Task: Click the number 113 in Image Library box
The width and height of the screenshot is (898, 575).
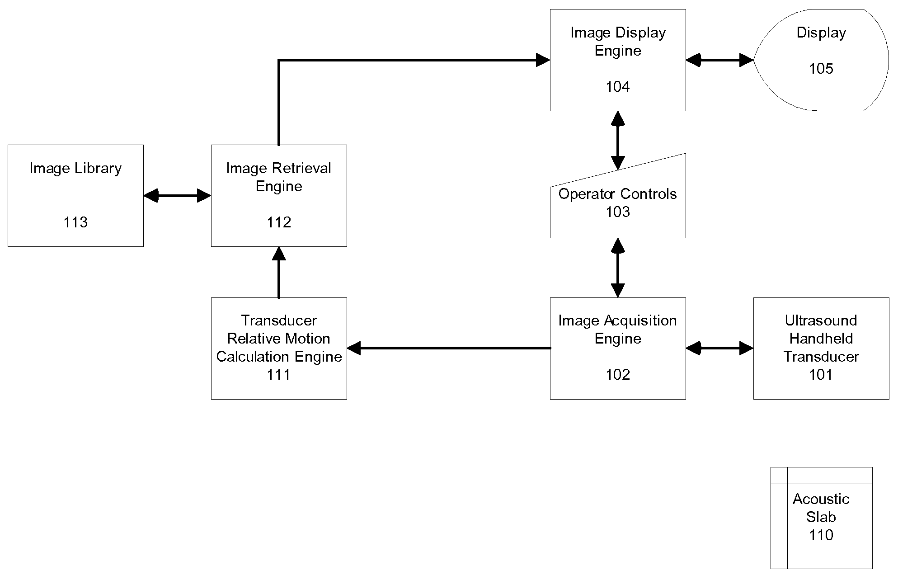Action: point(75,222)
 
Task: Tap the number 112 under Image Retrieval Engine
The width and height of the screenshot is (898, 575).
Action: point(279,222)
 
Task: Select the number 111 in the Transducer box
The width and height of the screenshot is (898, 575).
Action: point(279,374)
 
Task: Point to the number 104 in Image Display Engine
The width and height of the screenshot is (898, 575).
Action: point(618,86)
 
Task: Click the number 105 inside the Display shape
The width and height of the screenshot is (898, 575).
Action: point(821,68)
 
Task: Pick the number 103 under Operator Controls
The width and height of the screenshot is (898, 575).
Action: point(618,212)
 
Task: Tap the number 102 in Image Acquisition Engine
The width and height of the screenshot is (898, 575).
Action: point(618,374)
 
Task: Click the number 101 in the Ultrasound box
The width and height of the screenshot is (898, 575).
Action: point(821,374)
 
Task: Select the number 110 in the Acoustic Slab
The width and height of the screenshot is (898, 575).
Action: point(821,535)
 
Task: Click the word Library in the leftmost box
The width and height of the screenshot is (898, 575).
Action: point(99,169)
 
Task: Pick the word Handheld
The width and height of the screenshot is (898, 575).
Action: point(821,338)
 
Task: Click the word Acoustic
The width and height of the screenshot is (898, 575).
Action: point(821,499)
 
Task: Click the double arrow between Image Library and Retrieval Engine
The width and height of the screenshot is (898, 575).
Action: point(177,196)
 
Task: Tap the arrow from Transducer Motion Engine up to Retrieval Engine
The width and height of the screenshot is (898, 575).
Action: point(279,272)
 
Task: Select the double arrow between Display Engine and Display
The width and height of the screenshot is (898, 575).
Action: point(719,60)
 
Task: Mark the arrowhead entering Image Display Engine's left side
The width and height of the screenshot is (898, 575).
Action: point(543,60)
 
